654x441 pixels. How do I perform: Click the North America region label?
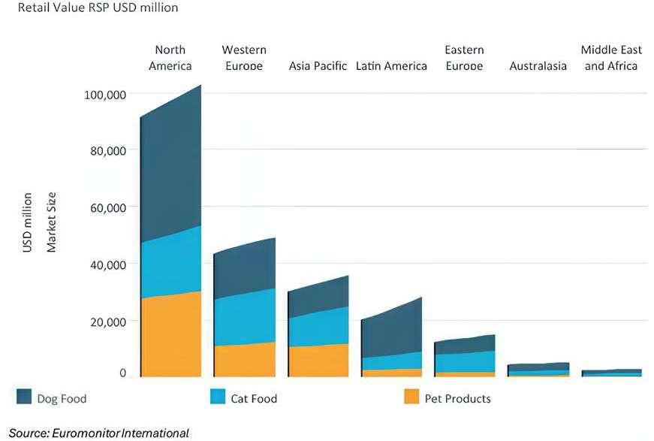point(170,58)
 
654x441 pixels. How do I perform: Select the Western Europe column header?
point(243,58)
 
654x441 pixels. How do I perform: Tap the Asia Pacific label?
point(318,66)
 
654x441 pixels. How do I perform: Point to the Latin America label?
point(391,66)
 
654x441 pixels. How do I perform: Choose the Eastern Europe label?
point(464,58)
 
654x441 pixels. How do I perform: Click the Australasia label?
point(538,66)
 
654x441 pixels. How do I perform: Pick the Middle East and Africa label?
point(611,58)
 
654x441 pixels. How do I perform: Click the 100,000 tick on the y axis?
point(104,95)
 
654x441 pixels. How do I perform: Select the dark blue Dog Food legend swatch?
point(24,397)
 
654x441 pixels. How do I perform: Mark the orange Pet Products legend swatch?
point(411,397)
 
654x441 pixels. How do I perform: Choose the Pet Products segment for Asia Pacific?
point(318,361)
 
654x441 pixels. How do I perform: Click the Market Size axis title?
point(51,222)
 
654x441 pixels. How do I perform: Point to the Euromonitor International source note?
point(99,433)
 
